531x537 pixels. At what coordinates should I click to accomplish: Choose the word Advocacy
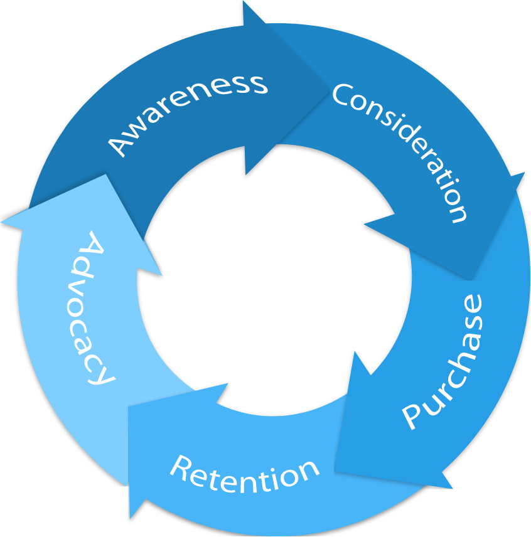coord(94,307)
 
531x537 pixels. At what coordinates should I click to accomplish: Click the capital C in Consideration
coord(343,94)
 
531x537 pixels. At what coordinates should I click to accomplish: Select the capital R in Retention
coord(182,467)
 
